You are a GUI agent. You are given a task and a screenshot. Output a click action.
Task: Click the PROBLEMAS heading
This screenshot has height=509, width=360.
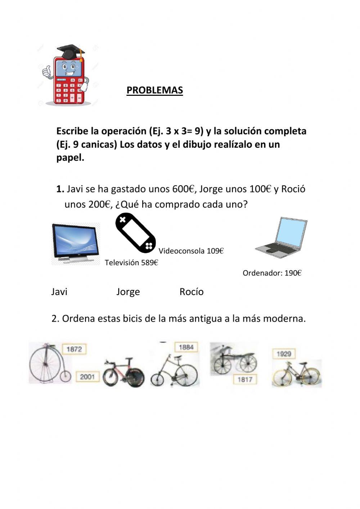154,90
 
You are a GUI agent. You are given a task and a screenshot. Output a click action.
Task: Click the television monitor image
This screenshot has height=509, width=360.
76,243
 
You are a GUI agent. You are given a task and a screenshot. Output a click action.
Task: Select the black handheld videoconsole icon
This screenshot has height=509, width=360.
135,233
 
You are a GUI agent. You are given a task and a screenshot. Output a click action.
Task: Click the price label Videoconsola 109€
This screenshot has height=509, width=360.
191,251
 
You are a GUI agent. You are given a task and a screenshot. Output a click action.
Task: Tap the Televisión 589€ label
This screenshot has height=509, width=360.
131,263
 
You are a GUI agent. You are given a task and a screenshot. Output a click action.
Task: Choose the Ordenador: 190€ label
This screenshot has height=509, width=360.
272,273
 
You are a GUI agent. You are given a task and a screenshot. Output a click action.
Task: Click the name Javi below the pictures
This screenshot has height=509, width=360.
59,292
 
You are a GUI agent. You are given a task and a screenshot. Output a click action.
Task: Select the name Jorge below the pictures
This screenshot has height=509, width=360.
128,292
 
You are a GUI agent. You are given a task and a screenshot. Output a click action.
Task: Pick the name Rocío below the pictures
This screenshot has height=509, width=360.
192,292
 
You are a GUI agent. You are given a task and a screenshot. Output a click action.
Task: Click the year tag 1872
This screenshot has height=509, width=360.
74,349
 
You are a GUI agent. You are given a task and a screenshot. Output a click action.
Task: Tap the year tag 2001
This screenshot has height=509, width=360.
87,377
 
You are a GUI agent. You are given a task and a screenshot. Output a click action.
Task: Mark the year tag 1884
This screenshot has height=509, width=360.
186,347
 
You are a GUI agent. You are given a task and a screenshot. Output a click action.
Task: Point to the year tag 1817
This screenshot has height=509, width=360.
244,379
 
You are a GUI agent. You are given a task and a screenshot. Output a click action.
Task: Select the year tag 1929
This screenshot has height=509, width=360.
284,354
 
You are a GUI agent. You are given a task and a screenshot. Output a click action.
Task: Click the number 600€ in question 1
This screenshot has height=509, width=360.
183,189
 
